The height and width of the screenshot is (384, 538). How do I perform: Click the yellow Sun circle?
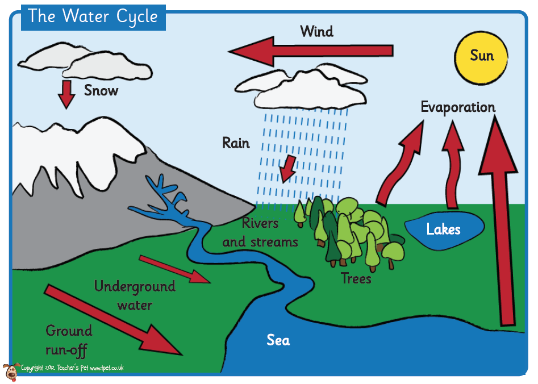(x=482, y=55)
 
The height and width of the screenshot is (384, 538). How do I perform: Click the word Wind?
(x=316, y=31)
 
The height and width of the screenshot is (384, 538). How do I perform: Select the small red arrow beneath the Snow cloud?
(x=66, y=93)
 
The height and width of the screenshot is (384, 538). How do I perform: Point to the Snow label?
(x=101, y=90)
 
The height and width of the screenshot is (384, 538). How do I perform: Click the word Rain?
(x=236, y=143)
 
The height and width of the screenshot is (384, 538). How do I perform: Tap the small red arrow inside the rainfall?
(x=289, y=166)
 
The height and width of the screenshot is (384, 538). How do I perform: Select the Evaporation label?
(x=458, y=107)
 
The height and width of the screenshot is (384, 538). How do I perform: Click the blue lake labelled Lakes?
(x=444, y=229)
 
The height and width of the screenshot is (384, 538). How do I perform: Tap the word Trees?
(x=356, y=278)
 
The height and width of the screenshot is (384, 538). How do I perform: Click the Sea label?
(x=278, y=340)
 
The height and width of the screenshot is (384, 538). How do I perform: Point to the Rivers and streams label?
(x=260, y=232)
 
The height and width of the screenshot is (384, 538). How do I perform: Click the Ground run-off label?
(x=68, y=339)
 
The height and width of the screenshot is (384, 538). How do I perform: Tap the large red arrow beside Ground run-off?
(x=113, y=321)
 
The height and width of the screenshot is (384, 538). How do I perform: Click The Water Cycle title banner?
(x=93, y=16)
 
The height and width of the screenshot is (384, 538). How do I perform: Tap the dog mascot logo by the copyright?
(x=11, y=372)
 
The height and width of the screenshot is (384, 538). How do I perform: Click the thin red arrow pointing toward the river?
(x=174, y=269)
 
